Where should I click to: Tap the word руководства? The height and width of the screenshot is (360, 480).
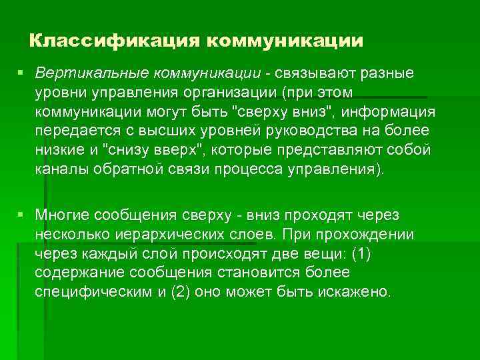(x=296, y=129)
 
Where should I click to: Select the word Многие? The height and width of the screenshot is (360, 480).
(x=63, y=215)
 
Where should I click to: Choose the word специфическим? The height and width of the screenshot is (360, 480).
(x=94, y=292)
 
